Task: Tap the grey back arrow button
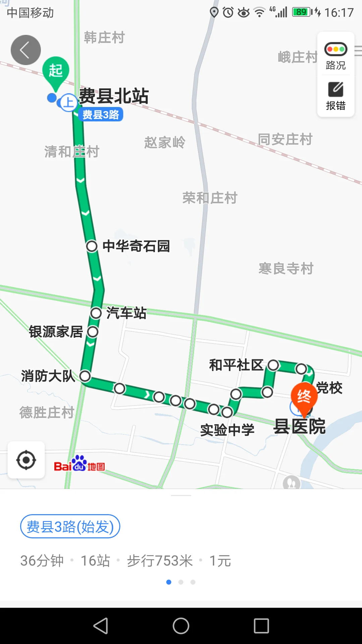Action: (26, 50)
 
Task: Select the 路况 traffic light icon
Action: (336, 49)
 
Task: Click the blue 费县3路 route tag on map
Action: (101, 115)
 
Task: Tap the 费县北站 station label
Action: (114, 96)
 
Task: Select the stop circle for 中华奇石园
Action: (92, 246)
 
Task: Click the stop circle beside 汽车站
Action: (96, 313)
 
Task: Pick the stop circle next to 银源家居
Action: (93, 332)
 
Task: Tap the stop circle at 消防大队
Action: (85, 376)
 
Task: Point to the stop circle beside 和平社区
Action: (273, 365)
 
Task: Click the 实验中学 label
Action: (227, 430)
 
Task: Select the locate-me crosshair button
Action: (26, 460)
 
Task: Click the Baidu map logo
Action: (79, 464)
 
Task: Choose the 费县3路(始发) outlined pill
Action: (70, 527)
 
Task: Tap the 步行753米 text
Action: (160, 561)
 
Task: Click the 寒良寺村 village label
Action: (286, 268)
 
